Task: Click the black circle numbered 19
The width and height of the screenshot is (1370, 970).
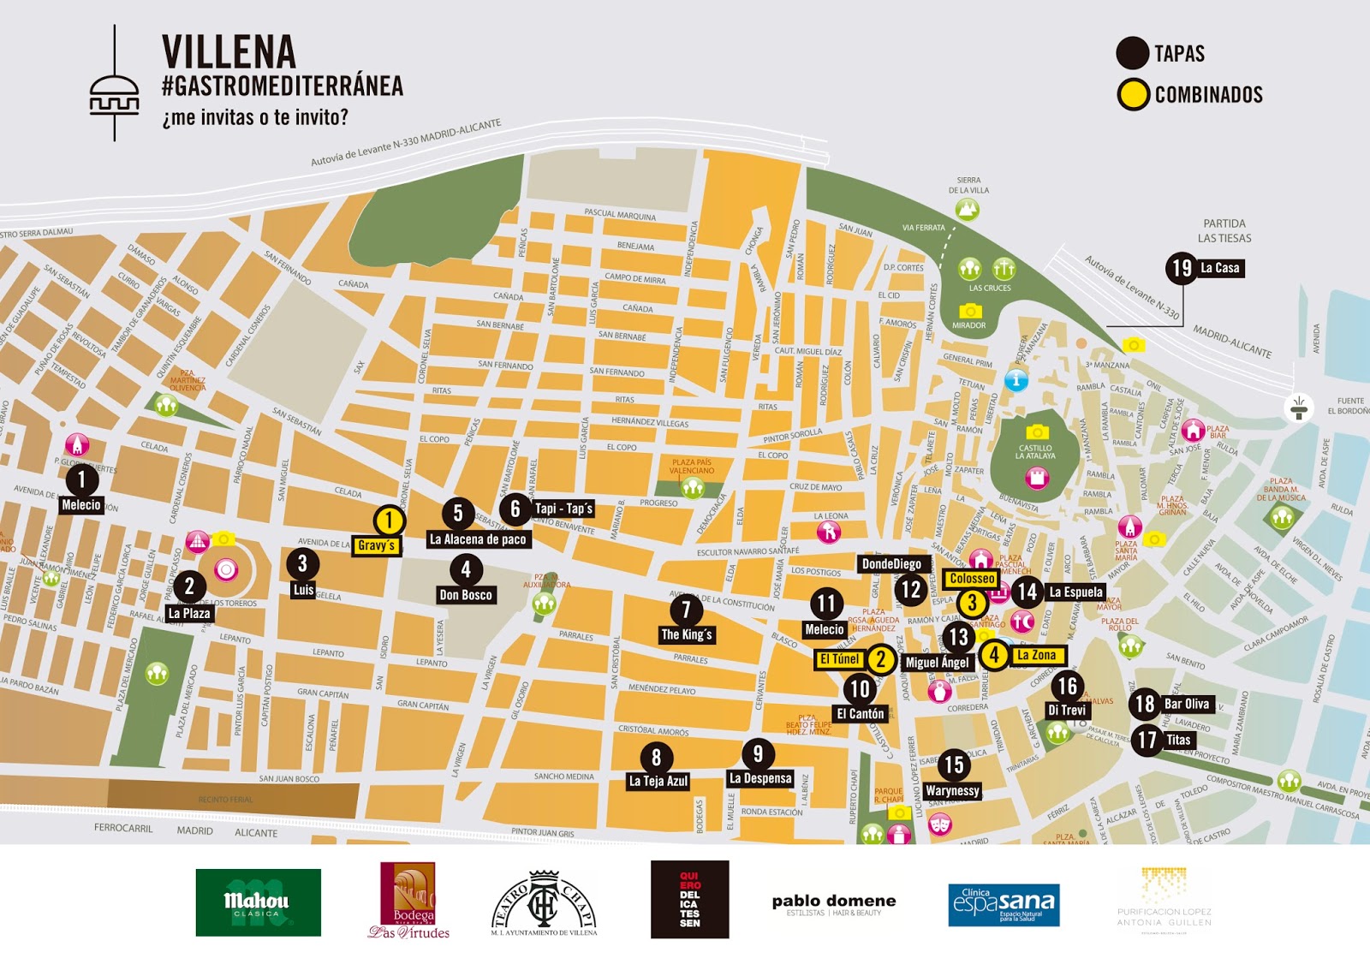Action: point(1182,269)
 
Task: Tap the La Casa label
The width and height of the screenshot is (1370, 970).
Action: point(1219,268)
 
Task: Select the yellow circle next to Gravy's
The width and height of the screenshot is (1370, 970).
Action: point(389,520)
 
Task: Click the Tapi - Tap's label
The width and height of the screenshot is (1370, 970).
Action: point(563,509)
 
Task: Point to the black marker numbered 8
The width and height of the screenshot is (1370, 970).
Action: point(656,758)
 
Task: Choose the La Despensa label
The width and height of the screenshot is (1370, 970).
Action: point(760,778)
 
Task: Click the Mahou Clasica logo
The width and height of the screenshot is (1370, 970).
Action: point(258,902)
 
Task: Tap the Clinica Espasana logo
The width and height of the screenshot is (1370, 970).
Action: point(1004,905)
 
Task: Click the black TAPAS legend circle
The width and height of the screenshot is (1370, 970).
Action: point(1132,53)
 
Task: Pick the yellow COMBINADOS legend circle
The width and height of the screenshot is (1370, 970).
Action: point(1133,94)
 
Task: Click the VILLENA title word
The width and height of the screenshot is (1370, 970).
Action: point(229,52)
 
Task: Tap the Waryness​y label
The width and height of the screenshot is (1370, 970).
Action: point(952,791)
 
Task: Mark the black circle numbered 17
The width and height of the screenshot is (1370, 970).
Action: point(1147,740)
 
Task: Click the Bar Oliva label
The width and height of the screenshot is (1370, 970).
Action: point(1186,704)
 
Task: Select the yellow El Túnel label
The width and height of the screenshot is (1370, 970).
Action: point(839,659)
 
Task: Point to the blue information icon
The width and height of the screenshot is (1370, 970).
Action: point(1016,380)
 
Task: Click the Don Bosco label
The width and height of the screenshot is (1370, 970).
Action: point(465,595)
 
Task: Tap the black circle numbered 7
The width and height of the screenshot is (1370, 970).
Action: point(685,610)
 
